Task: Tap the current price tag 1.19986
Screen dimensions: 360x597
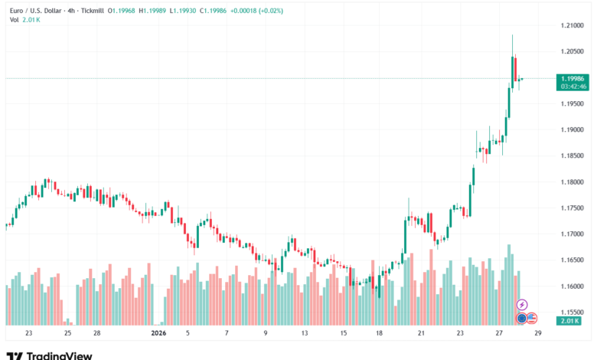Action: (x=573, y=78)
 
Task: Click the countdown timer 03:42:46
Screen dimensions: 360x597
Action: (x=573, y=86)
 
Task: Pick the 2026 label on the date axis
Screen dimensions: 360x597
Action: (x=158, y=333)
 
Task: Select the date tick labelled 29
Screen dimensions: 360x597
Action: (x=538, y=333)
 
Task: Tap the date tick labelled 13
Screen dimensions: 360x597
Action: (x=305, y=333)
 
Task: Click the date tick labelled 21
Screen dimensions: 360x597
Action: (x=421, y=333)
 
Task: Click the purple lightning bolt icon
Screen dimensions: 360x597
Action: (x=522, y=305)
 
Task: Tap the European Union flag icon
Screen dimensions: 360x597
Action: (x=521, y=317)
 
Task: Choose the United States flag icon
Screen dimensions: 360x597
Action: (x=531, y=317)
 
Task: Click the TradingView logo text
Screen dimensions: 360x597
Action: (x=59, y=355)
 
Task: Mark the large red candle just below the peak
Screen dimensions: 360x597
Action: (x=515, y=67)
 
